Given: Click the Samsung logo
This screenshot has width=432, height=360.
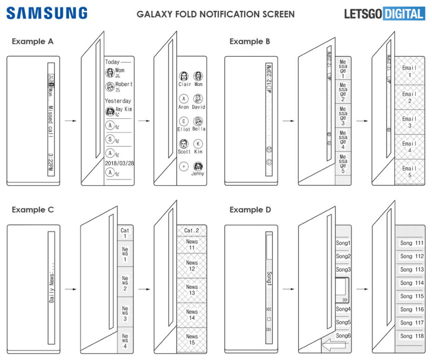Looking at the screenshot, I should pos(48,13).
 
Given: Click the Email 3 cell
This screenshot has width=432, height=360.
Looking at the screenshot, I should pos(409,122).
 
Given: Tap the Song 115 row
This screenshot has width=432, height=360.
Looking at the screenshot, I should pos(411,296).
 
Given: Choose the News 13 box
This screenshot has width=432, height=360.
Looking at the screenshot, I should pos(192,290).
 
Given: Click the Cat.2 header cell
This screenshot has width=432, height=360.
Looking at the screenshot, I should pos(192,231).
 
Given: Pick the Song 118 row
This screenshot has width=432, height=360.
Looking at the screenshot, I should pos(411,336).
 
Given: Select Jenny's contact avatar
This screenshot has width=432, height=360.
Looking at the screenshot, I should pos(198,165).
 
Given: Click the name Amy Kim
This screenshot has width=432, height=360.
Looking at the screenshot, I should pos(123,109).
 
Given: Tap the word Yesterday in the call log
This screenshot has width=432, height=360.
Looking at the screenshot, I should pos(118,101).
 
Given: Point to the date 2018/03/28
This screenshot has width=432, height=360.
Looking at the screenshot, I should pos(119,163).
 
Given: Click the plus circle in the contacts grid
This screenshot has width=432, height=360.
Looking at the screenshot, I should pos(184,166).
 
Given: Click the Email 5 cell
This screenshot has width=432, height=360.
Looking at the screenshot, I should pos(409,172).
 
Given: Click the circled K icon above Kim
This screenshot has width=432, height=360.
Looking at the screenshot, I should pos(198,144).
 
